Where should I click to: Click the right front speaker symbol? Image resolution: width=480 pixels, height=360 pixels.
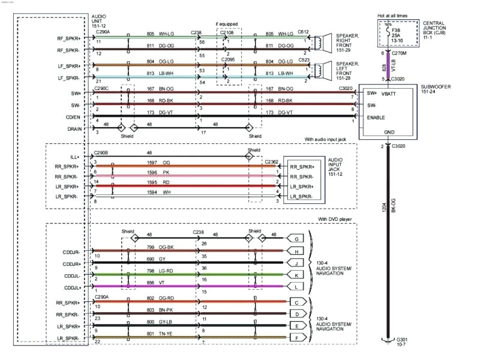tap(323, 42)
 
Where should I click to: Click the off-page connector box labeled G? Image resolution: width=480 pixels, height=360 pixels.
tap(296, 238)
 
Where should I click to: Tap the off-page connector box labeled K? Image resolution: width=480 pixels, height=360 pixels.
tap(296, 276)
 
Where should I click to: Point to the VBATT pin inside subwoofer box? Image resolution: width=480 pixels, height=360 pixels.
tap(391, 94)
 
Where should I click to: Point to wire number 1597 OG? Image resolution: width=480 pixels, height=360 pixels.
tap(158, 163)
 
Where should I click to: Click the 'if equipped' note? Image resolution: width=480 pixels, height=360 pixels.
tap(227, 24)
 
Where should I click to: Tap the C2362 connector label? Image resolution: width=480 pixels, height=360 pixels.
tap(271, 161)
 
